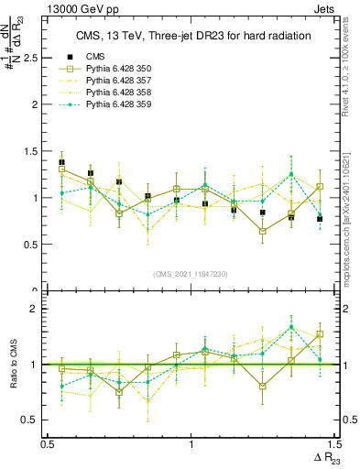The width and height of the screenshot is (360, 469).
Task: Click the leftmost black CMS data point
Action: coord(62,162)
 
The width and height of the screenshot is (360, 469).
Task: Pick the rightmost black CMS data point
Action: coord(320,219)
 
